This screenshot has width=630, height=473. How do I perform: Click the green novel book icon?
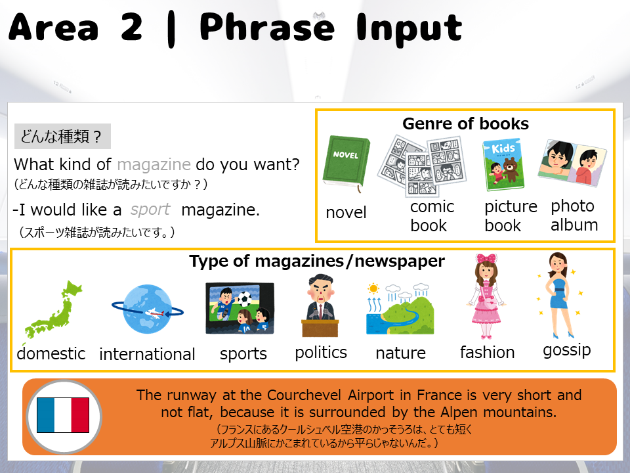point(346,163)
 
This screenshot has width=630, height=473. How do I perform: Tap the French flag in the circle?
point(63,415)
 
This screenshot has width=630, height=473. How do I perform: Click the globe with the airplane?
point(148,309)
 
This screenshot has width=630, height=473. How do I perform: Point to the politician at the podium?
point(320,305)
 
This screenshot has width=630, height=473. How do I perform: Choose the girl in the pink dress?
point(486,296)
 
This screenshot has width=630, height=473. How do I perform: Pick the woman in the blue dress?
point(559,295)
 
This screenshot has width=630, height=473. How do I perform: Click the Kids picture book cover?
point(503,165)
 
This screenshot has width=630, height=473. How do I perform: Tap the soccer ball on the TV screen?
point(244,300)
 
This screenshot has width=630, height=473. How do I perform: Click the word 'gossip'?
point(567,350)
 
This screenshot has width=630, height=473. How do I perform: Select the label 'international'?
point(147,354)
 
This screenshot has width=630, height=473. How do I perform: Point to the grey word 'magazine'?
point(154,164)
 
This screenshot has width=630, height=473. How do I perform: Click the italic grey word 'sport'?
point(150,210)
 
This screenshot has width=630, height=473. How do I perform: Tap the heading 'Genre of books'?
point(466,124)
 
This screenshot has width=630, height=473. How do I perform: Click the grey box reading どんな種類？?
point(62,137)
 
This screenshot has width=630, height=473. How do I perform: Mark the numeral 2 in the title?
point(131,27)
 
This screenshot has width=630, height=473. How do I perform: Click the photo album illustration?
point(572,162)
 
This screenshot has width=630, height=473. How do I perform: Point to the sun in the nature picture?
point(373,288)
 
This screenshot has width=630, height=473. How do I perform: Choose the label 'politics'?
point(321,352)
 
